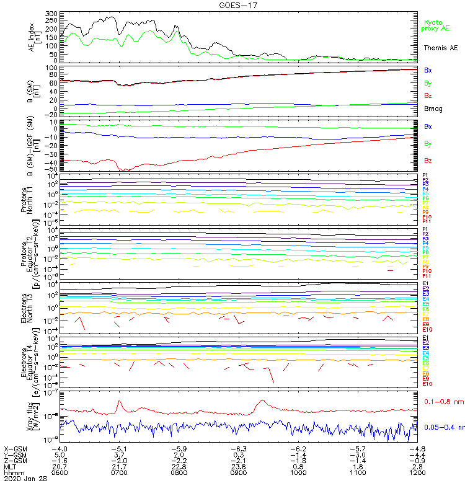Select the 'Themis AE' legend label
pos(440,48)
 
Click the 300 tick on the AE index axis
pos(51,14)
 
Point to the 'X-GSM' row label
pos(15,448)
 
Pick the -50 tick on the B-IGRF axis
pos(51,169)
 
